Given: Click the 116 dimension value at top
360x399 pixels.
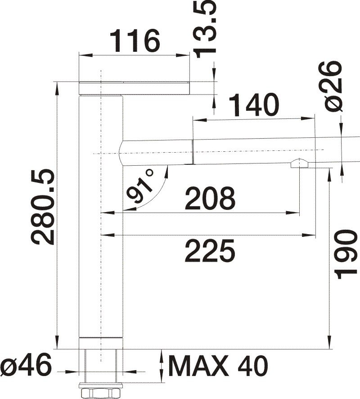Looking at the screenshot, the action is (136, 41).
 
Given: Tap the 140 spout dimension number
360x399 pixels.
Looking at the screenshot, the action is (253, 104).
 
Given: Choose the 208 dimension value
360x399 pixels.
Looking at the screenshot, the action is (210, 198).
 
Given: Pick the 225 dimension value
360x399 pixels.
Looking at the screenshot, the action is (210, 251).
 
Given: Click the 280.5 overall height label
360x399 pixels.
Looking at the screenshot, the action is (42, 207).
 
